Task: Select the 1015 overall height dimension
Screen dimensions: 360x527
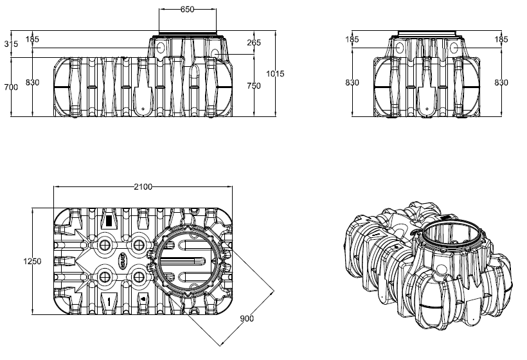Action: click(x=275, y=74)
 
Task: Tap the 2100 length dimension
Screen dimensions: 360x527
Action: click(x=142, y=187)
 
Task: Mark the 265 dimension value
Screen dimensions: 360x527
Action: click(x=253, y=44)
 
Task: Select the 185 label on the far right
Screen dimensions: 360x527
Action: click(x=501, y=40)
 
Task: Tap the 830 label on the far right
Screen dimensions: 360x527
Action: click(x=501, y=82)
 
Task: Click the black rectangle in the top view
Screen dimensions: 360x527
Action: click(x=109, y=221)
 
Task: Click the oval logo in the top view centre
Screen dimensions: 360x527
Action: click(x=121, y=260)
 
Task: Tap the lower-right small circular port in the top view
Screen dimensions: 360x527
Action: click(x=138, y=277)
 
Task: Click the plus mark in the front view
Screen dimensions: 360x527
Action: click(x=143, y=109)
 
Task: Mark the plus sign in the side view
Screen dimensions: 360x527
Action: click(x=427, y=109)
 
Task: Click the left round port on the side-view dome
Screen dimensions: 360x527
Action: click(x=399, y=48)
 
